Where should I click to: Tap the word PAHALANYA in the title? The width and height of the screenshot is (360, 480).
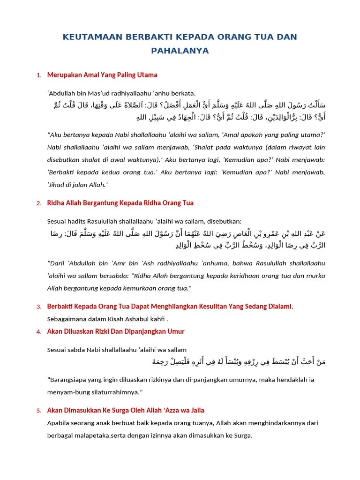click(x=180, y=50)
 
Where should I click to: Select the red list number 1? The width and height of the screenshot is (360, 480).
click(x=38, y=75)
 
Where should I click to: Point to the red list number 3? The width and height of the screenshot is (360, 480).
click(x=38, y=307)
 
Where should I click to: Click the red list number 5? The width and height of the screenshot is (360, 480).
click(x=38, y=411)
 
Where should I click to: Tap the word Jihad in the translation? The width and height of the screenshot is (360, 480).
click(x=57, y=185)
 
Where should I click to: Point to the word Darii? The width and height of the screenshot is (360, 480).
click(x=57, y=263)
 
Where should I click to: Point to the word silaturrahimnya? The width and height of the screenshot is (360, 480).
click(x=107, y=391)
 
